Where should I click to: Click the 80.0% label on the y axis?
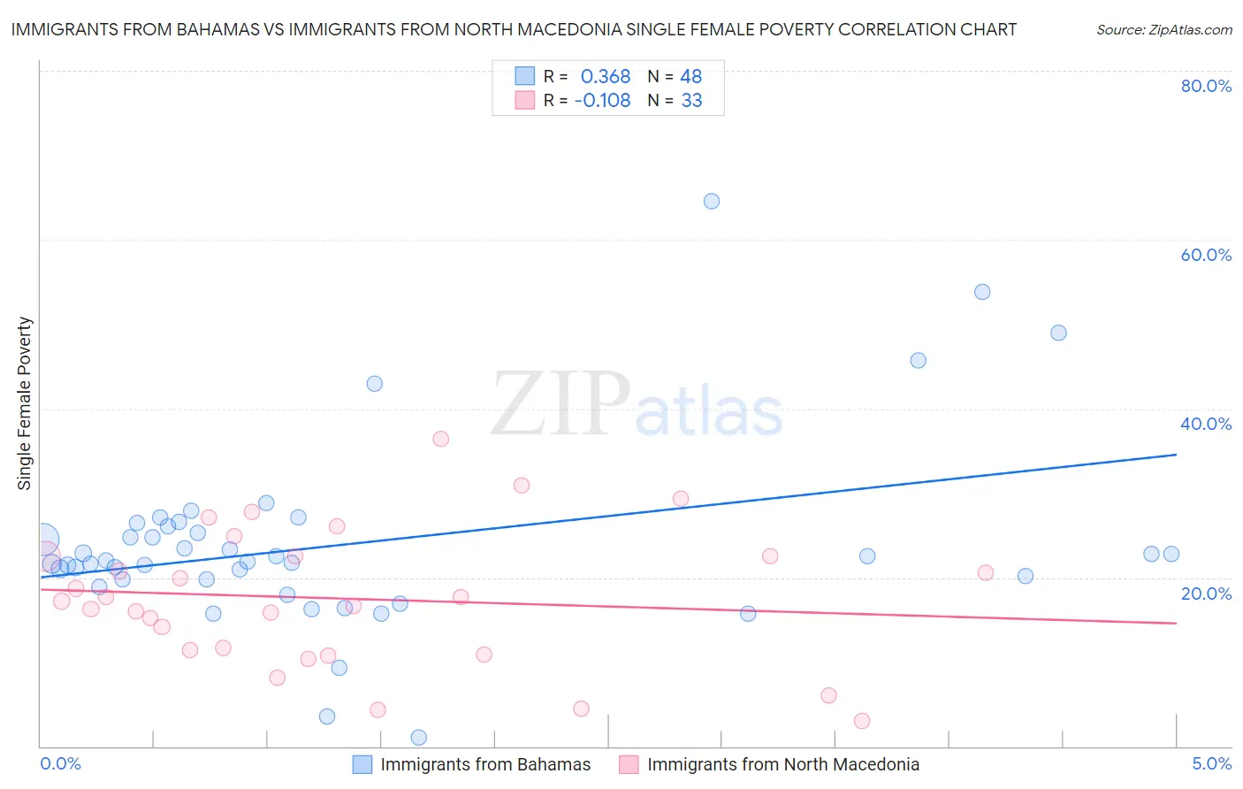1206,86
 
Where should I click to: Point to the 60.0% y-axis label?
1206,255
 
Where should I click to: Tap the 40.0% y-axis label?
1206,424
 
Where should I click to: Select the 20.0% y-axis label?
1206,594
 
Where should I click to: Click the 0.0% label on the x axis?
60,763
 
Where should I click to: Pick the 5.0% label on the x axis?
1211,763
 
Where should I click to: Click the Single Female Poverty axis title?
25,403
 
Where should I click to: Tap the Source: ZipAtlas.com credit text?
1163,29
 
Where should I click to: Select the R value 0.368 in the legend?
605,77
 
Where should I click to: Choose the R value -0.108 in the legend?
602,101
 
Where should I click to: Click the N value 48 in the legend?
690,77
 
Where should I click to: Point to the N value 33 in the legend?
691,101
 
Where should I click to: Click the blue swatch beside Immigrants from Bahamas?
362,764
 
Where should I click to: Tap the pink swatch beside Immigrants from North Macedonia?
629,764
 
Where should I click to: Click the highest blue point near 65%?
712,201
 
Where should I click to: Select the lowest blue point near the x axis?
419,738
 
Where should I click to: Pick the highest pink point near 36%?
441,439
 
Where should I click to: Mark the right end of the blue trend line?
1176,455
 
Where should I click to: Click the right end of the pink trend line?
1176,624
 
